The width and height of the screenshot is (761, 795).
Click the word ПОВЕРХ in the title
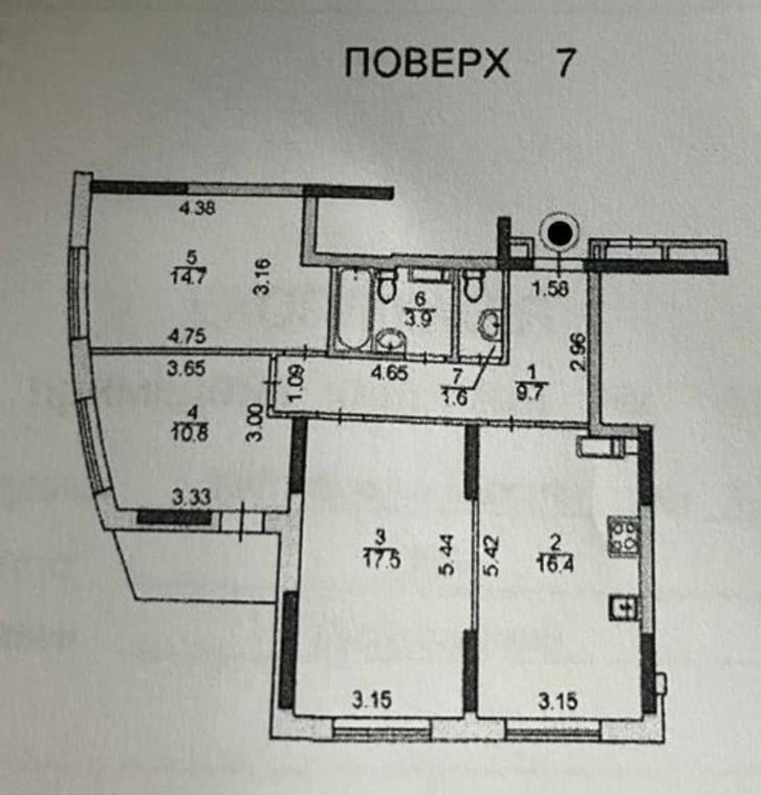(427, 64)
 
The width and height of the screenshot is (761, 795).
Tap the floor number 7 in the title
(565, 64)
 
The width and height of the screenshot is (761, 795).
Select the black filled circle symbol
(559, 234)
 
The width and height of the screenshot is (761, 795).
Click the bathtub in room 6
(352, 310)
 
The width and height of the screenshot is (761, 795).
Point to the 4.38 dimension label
(197, 209)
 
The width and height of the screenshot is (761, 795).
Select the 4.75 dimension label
(188, 337)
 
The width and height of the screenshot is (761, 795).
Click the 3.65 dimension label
(186, 370)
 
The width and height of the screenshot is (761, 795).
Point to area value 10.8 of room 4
(191, 433)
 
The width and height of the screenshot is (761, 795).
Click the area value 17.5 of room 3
(382, 560)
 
